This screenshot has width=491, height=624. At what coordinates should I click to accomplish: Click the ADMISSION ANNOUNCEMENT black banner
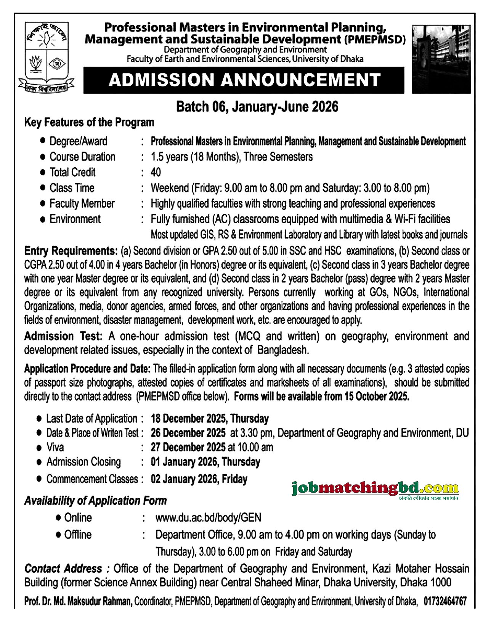(244, 80)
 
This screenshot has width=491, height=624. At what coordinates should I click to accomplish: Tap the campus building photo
(443, 59)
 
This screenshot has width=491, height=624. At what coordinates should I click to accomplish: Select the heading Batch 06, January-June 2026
(257, 106)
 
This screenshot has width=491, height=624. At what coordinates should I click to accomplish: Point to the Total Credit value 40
(156, 172)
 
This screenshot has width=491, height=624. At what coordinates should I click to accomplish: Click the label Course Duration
(82, 157)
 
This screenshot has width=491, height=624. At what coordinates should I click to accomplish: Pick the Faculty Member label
(82, 203)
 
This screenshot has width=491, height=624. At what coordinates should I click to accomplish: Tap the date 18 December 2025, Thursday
(210, 418)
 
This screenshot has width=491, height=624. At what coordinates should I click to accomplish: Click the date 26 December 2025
(188, 433)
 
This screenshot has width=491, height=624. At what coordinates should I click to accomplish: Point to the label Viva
(55, 447)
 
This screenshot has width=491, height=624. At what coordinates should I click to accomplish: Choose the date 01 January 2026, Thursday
(205, 462)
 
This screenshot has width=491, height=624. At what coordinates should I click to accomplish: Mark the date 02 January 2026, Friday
(199, 478)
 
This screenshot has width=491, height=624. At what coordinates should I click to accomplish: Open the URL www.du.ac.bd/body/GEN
(208, 517)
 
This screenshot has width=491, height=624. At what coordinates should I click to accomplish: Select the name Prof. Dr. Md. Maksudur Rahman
(79, 601)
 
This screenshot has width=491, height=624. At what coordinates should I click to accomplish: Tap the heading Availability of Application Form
(95, 501)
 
